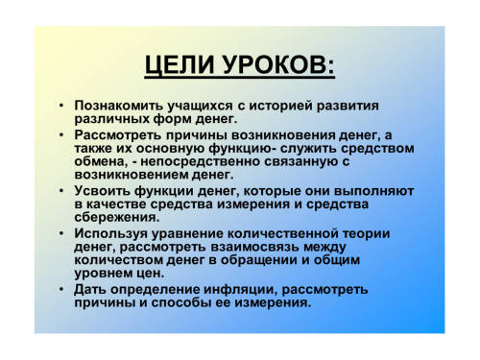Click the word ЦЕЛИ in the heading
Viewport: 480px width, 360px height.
coord(180,65)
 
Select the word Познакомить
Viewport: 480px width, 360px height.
coord(119,106)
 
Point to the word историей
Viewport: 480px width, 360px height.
coord(280,106)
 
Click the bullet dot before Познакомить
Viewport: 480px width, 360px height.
coord(61,106)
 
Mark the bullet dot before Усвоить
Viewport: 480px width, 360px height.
coord(61,191)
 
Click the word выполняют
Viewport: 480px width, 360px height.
coord(373,191)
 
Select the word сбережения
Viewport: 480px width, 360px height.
coord(117,217)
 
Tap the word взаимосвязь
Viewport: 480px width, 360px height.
coord(254,247)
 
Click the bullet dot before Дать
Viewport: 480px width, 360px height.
coord(61,289)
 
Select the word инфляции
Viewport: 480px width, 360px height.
coord(241,290)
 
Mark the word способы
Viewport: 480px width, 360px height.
coord(180,302)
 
